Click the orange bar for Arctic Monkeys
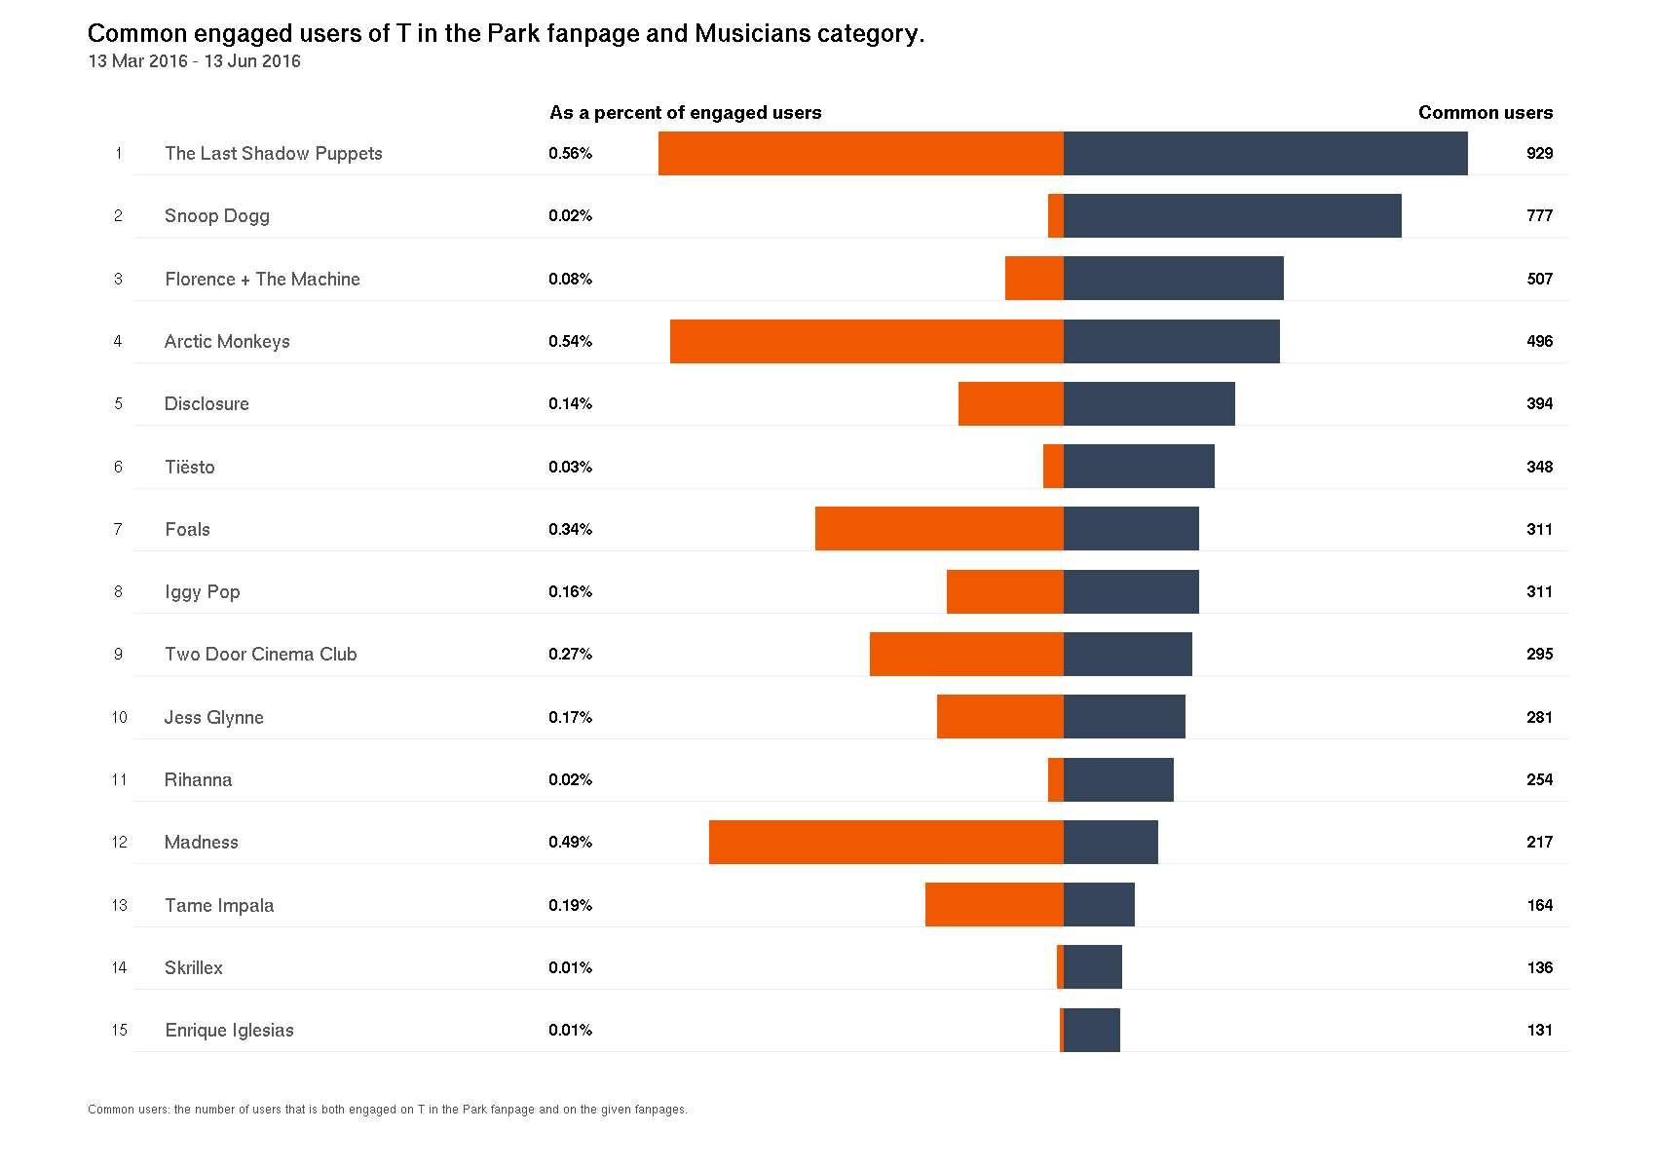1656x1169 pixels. pos(867,341)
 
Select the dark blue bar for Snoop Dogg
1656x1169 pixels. pos(1232,215)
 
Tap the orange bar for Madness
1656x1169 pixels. pos(886,842)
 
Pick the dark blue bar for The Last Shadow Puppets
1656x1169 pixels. pos(1265,153)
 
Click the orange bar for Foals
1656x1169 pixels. pos(939,529)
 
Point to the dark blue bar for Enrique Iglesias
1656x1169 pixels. pos(1092,1030)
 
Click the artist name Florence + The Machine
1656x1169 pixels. pos(262,279)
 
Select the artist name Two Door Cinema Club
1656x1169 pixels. pos(260,654)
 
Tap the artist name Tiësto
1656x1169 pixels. pos(189,467)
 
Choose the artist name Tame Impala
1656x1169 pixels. pos(219,905)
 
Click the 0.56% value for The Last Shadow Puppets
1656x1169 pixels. pos(570,153)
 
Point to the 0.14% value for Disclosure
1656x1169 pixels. pos(570,403)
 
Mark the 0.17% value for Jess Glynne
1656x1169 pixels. pos(570,717)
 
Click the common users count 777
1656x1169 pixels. pos(1539,215)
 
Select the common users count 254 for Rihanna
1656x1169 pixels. pos(1539,779)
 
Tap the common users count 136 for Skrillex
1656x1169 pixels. pos(1539,967)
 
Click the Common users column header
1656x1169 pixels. pos(1485,113)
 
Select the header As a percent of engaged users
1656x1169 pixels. pos(685,113)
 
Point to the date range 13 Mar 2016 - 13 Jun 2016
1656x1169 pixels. pos(194,61)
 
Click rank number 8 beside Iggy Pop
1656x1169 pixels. pos(118,591)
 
